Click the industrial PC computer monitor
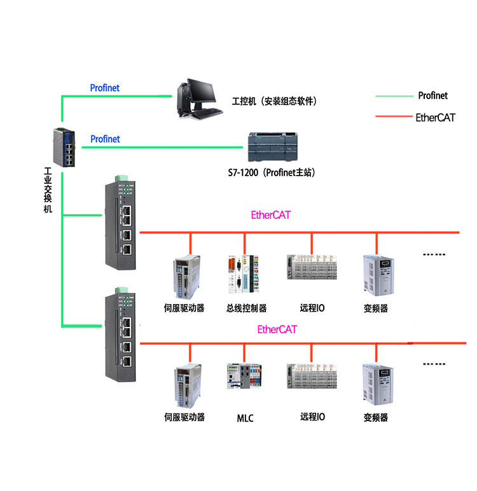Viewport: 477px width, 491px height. pos(202,91)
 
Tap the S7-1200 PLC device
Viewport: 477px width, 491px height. pos(272,147)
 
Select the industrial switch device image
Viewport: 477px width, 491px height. pos(64,147)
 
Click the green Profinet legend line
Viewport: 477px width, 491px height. pos(394,96)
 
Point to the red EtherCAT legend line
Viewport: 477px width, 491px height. pos(394,116)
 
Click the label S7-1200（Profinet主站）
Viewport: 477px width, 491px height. pos(271,172)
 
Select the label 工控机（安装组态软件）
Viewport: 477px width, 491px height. pos(274,101)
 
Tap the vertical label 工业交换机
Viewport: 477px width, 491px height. pos(48,190)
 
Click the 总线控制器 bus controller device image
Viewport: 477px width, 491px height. pos(244,274)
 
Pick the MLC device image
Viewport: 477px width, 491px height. pos(244,376)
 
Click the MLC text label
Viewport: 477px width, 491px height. pos(245,418)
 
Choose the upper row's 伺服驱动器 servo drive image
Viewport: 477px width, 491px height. pos(186,277)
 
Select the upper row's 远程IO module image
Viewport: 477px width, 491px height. pos(312,267)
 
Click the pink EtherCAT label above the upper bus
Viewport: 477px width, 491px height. pos(270,215)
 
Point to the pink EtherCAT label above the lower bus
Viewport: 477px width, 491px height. pos(277,329)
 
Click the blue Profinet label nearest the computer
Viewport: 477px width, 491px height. pos(104,88)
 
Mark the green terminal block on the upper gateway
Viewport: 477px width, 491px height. pos(121,178)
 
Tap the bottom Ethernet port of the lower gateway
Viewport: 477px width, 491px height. pos(127,362)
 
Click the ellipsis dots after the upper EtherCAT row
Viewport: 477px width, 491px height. pos(434,254)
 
